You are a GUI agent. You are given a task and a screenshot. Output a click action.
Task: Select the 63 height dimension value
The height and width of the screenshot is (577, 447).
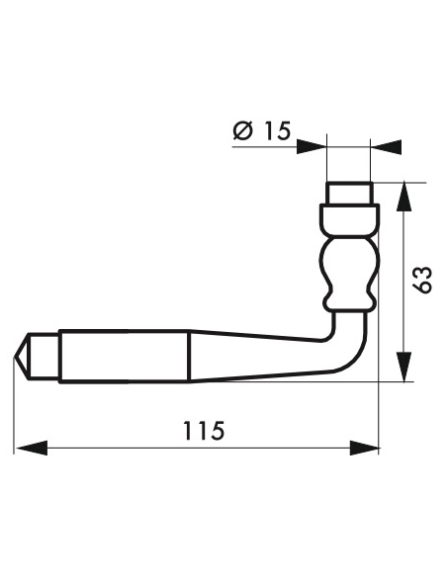pyautogui.click(x=422, y=280)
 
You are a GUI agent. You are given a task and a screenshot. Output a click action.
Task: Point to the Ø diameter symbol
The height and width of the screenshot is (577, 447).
pyautogui.click(x=245, y=130)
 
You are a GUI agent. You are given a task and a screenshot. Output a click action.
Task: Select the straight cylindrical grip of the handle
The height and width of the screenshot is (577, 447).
pyautogui.click(x=124, y=356)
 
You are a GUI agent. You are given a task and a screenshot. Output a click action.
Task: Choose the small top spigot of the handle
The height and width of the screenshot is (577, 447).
pyautogui.click(x=349, y=192)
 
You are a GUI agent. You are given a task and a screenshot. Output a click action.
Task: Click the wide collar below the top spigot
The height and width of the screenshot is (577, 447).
pyautogui.click(x=349, y=216)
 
